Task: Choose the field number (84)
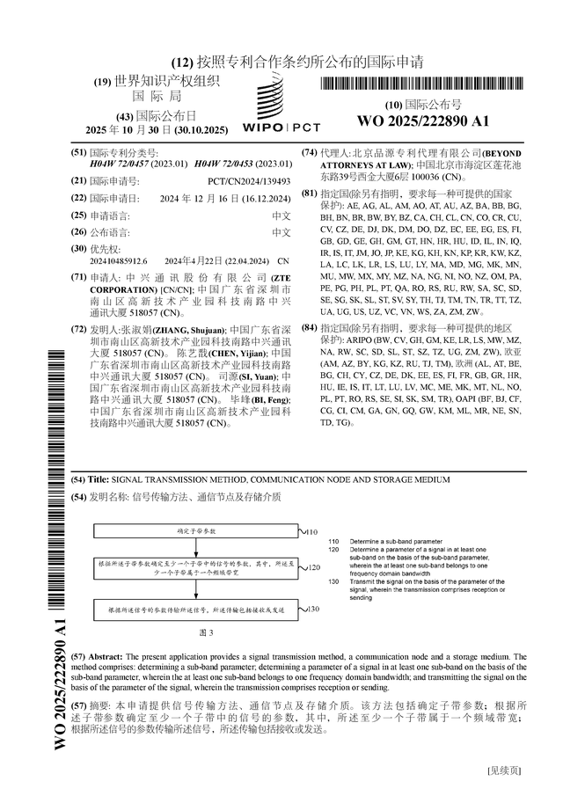[x=309, y=327]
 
